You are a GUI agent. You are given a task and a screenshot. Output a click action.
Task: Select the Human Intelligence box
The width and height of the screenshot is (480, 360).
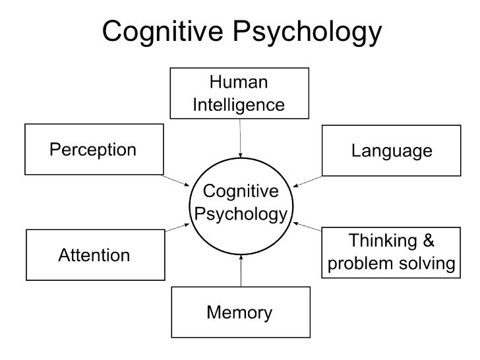[x=239, y=94]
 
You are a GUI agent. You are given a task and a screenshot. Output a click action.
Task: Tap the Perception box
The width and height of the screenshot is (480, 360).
[x=93, y=149]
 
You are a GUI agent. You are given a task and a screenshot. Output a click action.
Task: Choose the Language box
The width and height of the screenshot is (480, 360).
[x=392, y=151]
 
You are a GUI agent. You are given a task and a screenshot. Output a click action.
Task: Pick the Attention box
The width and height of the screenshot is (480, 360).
[x=94, y=255]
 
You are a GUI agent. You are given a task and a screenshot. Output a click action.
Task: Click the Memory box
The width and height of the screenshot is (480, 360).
[x=239, y=312]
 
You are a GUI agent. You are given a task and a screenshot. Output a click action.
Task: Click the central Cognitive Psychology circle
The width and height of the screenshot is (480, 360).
[x=241, y=204]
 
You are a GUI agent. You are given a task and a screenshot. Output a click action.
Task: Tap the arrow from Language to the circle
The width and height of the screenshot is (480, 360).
[x=308, y=181]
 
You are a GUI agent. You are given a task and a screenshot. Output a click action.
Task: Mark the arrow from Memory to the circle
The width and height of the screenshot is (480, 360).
[x=242, y=271]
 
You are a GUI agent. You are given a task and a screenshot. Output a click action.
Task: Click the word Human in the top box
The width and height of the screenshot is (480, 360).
[x=239, y=83]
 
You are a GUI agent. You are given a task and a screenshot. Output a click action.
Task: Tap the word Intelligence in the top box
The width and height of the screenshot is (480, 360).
[x=239, y=105]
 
